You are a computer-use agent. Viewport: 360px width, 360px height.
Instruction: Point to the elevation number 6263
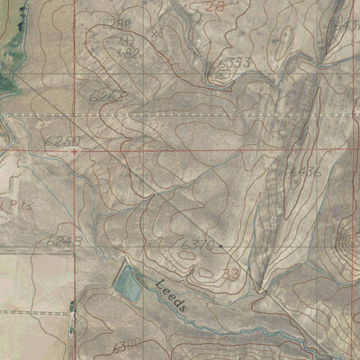[105, 95]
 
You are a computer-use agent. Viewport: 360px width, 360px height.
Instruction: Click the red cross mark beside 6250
[75, 151]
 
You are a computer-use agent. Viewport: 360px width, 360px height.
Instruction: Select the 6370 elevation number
[197, 244]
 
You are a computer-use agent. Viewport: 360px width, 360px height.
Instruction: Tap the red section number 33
[231, 273]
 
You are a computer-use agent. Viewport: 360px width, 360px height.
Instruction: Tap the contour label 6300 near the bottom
[126, 346]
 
